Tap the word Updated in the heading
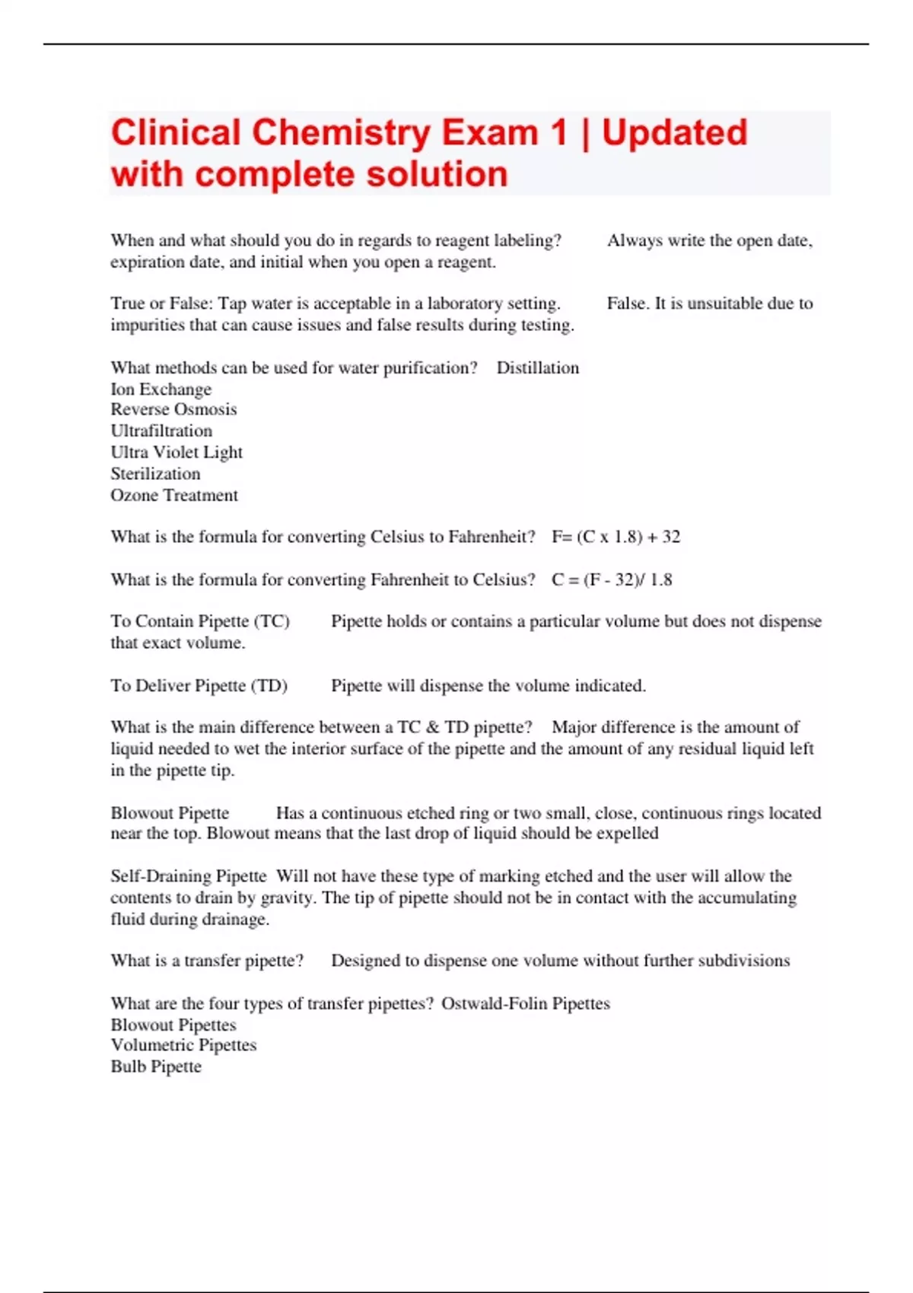674,133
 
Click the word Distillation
537,368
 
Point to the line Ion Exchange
161,389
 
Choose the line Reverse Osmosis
173,409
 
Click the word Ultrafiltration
161,430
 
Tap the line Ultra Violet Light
177,453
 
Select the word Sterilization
155,474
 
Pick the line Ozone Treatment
174,495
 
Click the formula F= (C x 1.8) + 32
616,537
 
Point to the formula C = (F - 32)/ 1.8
612,580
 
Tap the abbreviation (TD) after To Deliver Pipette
269,686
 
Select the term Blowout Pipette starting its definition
170,813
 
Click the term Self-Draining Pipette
189,876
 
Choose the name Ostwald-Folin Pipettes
526,1004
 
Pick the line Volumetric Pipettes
183,1045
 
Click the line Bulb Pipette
156,1066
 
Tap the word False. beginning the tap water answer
628,303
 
